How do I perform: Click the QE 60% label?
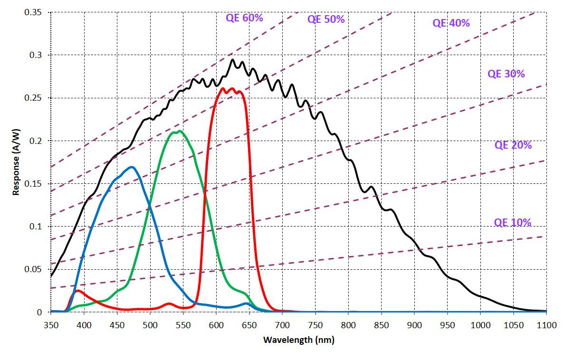coord(244,18)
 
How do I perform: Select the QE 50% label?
coord(326,19)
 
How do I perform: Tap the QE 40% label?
coord(451,23)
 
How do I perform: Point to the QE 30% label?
coord(506,74)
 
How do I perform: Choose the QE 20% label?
coord(513,145)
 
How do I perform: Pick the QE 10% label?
coord(513,222)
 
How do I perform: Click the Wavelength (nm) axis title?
coord(298,340)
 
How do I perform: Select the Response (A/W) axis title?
coord(15,162)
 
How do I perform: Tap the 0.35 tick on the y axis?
coord(33,12)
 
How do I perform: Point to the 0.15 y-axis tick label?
coord(33,184)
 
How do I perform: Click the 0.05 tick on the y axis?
coord(33,269)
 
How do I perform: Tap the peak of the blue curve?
coord(131,167)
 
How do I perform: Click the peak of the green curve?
coord(179,131)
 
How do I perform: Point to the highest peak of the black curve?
coord(232,59)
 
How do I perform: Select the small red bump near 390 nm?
coord(78,290)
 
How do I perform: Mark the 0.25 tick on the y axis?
coord(33,98)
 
